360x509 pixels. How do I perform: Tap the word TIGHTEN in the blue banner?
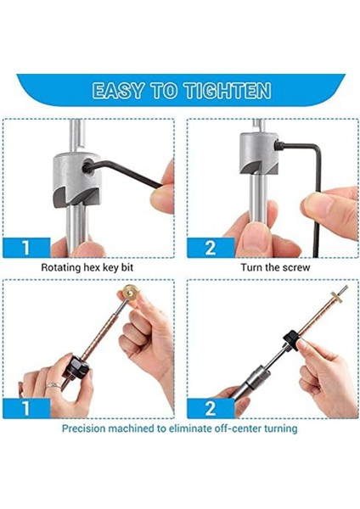click(x=228, y=90)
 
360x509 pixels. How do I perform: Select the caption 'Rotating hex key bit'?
click(x=87, y=267)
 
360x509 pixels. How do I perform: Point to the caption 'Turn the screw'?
click(x=276, y=267)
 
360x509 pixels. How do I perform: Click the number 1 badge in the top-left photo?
click(x=26, y=248)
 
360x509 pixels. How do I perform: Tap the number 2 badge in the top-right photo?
click(x=211, y=248)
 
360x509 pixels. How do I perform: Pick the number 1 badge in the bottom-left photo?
click(x=26, y=408)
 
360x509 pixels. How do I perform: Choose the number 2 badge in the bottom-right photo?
click(x=211, y=408)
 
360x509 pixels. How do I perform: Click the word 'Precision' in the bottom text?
click(x=83, y=428)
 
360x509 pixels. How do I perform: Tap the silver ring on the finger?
click(x=53, y=385)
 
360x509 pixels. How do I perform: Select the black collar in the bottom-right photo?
click(x=292, y=340)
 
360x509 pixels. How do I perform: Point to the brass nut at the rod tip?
click(x=337, y=297)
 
